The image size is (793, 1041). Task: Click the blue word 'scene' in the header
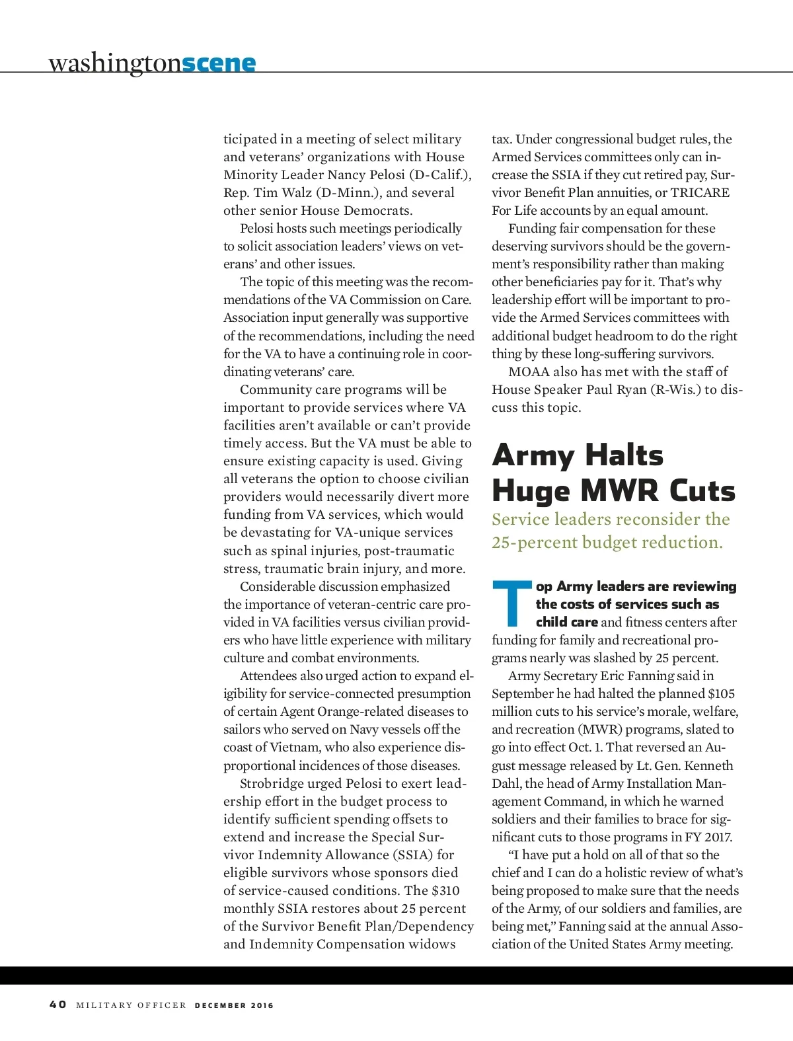219,63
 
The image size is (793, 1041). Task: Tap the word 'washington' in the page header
114,63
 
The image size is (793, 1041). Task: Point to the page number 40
58,1004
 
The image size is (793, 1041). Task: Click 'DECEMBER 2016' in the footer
234,1005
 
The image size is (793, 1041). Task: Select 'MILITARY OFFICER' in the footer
132,1005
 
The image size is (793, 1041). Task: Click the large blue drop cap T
512,603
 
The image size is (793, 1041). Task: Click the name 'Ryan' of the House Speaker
630,389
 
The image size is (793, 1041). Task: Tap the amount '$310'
445,890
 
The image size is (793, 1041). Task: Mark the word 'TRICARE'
700,192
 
